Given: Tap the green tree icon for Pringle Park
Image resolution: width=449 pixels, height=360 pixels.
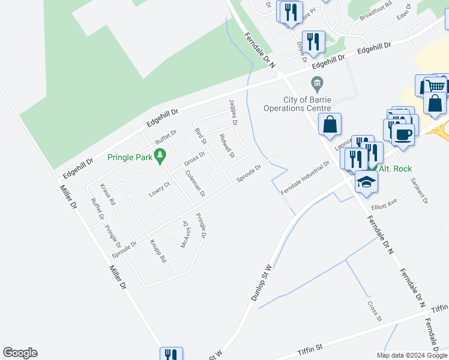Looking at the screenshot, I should pos(160,157).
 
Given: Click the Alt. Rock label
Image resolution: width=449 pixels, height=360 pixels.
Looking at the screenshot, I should pos(394,169).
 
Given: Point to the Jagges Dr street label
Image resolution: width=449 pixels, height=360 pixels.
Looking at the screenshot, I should pos(233,112).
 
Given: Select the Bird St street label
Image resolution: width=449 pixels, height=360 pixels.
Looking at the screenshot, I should pos(200,136).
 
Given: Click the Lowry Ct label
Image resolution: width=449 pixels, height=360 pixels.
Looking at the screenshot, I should pos(159,188).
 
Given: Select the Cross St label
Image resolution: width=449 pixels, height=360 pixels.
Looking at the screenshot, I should pos(375,310).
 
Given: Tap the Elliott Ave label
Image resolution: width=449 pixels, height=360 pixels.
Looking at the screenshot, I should pos(384,206).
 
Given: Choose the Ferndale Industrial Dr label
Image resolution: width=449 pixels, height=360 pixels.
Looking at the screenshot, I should pos(306,177).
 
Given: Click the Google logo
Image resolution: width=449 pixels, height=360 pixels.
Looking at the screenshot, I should pos(20,353).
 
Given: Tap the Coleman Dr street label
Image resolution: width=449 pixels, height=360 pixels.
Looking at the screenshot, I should pos(195,184).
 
